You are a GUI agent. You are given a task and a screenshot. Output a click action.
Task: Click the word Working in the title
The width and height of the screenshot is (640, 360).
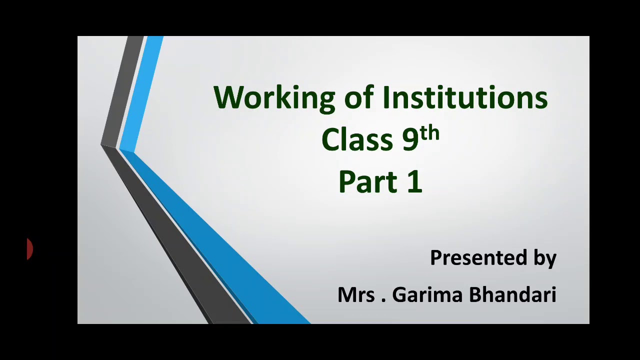[274, 97]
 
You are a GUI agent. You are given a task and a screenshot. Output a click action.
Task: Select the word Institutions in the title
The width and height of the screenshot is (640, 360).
[465, 97]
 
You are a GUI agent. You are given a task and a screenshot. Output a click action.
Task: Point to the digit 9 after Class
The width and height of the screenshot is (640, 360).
[410, 140]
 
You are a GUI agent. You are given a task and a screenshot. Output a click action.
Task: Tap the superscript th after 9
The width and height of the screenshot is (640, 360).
[429, 133]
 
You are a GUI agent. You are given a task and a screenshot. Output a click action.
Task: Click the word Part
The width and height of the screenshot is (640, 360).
[367, 181]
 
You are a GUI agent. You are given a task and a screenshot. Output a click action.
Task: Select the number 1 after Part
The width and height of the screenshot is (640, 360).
[415, 181]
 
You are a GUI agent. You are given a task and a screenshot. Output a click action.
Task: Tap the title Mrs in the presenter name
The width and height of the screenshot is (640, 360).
[356, 294]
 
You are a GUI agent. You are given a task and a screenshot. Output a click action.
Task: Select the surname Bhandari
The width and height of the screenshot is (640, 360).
[512, 294]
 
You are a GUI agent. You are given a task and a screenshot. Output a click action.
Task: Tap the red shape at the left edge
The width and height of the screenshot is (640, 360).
[29, 248]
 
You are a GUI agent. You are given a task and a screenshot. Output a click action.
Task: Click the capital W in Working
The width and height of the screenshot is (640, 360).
[227, 97]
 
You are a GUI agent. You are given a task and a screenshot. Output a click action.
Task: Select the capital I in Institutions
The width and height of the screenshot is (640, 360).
[386, 97]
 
